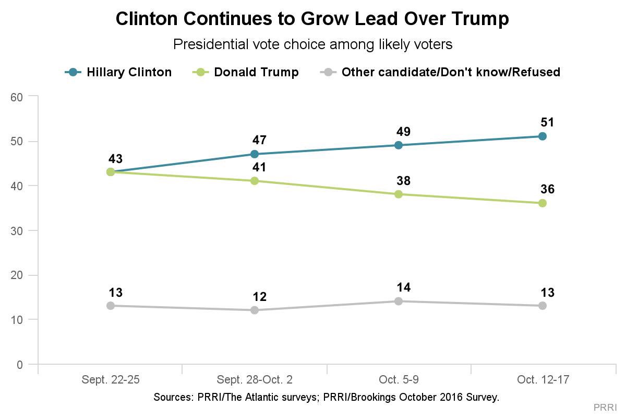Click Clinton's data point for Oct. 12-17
point(543,136)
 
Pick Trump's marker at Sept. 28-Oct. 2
point(255,181)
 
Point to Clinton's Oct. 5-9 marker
point(399,145)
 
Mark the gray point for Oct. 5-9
point(399,301)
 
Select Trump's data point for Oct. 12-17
point(543,203)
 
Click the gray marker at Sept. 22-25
point(111,306)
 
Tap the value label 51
point(547,123)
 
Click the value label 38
point(403,181)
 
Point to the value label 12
point(259,297)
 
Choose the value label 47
point(259,141)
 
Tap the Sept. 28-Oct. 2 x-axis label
point(255,380)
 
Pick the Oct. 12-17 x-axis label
point(543,380)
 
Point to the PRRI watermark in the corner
point(605,407)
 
